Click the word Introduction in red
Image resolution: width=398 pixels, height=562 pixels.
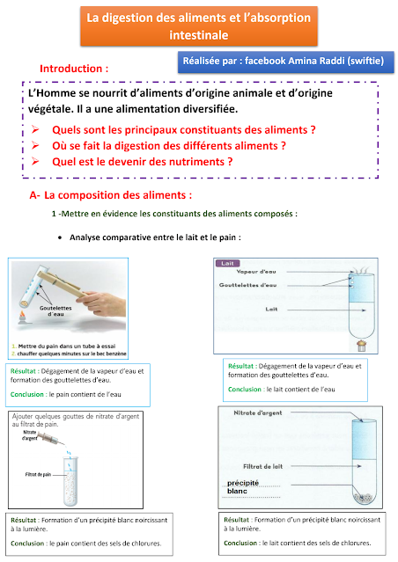(74, 68)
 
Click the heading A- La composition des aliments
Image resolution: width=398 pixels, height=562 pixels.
(110, 193)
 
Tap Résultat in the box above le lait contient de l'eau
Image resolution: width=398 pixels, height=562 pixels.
(243, 364)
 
